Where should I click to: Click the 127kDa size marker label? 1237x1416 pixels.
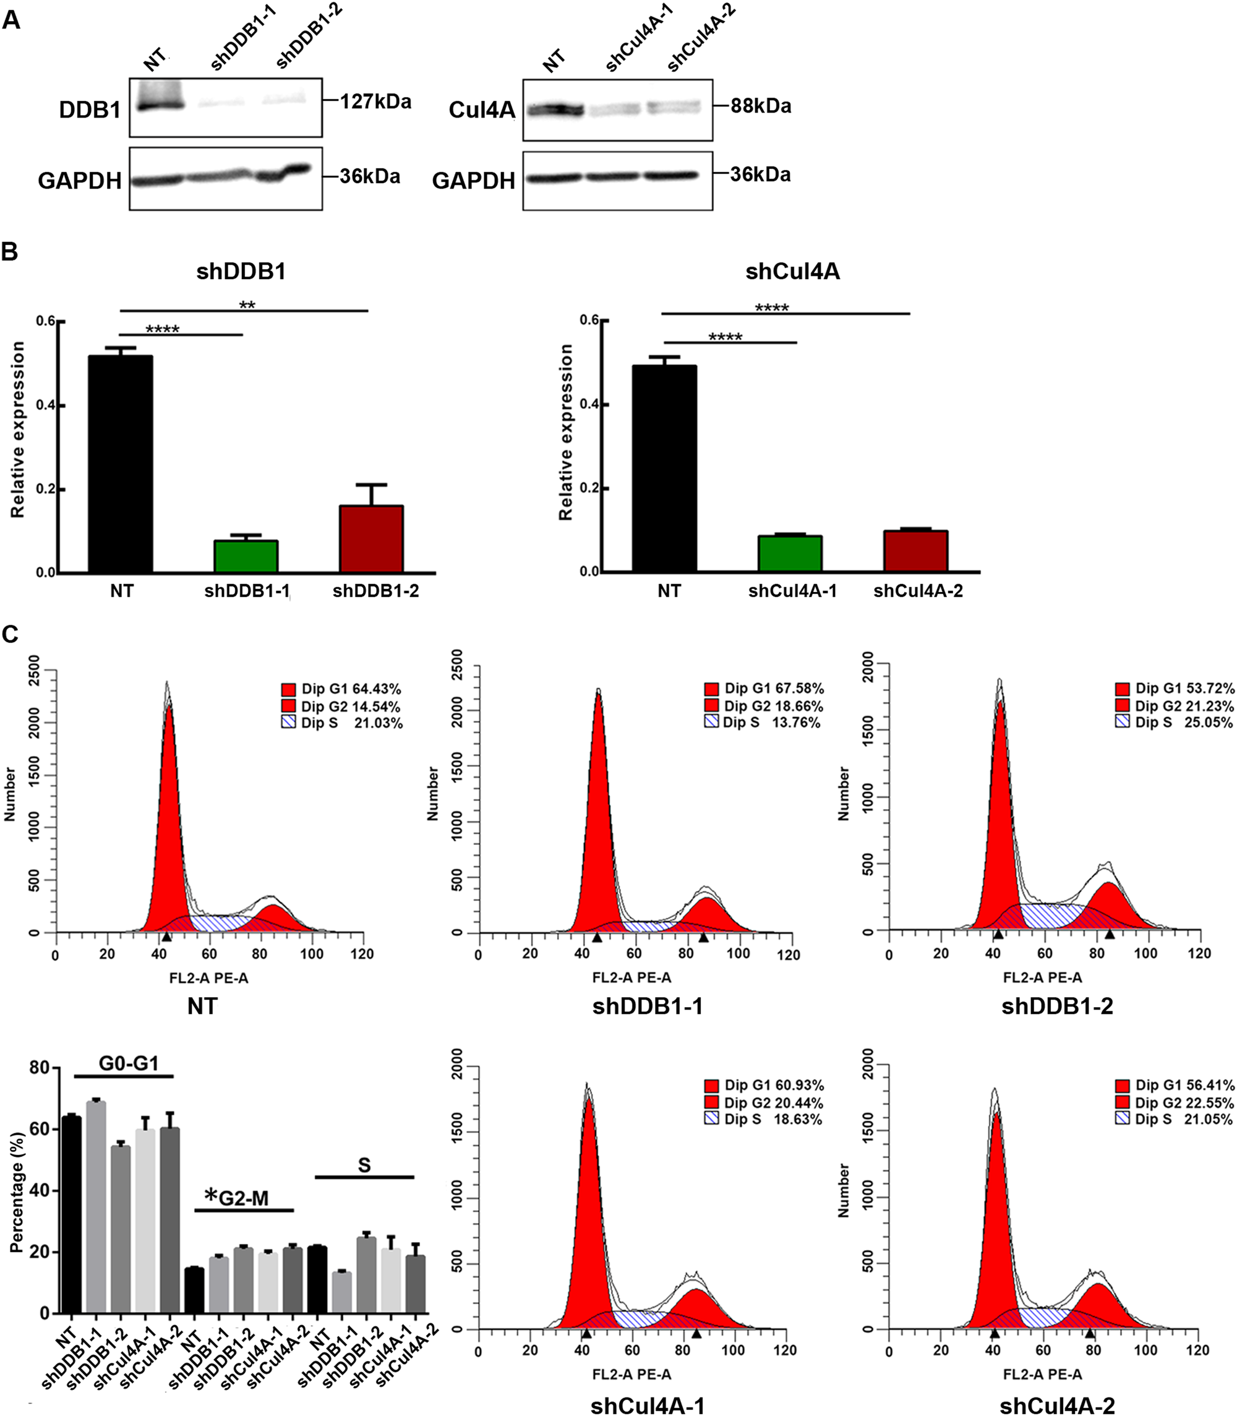click(375, 102)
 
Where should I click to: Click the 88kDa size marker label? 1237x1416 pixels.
click(761, 106)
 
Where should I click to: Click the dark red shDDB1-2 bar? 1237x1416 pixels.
click(371, 539)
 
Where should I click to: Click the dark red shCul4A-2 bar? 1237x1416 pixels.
click(915, 551)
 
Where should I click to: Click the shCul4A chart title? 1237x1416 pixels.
click(792, 272)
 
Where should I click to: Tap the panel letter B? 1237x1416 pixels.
click(10, 252)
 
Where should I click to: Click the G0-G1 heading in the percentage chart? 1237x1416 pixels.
click(129, 1063)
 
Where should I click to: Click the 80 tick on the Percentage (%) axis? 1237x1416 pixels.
click(40, 1068)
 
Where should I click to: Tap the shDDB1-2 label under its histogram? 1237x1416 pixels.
click(1057, 1006)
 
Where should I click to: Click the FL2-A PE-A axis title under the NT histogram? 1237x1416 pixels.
click(208, 977)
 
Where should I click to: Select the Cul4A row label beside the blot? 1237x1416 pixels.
click(482, 109)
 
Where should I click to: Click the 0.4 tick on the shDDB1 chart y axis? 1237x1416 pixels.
click(46, 405)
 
